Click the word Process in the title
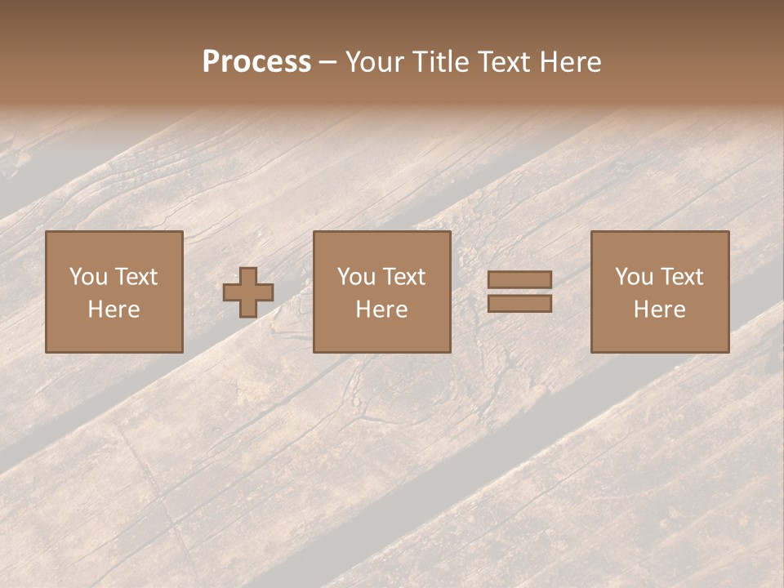(256, 62)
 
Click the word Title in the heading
(441, 62)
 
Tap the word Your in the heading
(376, 62)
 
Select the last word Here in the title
(570, 62)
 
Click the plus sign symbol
(248, 292)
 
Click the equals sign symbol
(519, 292)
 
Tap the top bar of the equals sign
(519, 280)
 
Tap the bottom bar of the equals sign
(519, 304)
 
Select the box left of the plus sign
(114, 292)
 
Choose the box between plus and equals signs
(382, 292)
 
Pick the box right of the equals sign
(660, 292)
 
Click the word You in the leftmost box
(87, 277)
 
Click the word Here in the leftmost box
(114, 310)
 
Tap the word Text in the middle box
(404, 277)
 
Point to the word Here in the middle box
(382, 310)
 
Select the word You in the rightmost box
(633, 277)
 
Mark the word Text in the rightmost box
(682, 277)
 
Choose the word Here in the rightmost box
(660, 310)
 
